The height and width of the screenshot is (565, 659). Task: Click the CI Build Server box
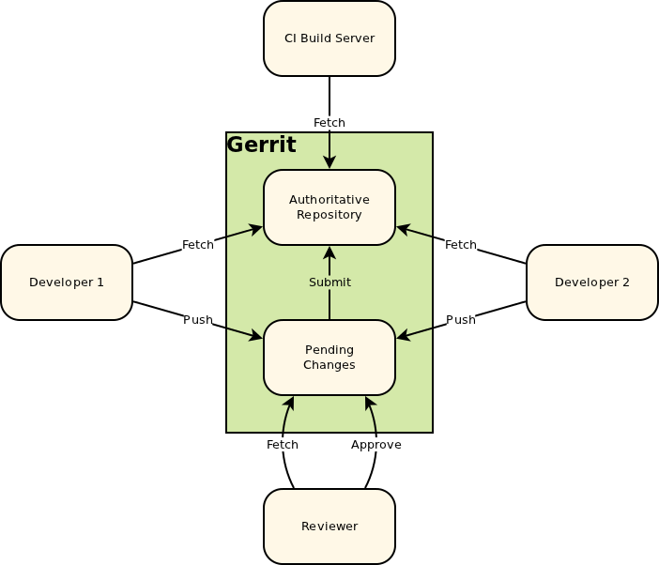point(329,38)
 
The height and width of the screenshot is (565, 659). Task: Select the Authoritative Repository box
point(329,207)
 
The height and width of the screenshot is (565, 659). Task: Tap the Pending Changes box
point(329,358)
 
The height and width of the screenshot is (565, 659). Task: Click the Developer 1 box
point(67,282)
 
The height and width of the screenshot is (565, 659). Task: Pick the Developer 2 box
point(591,282)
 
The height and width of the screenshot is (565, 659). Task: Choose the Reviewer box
point(329,527)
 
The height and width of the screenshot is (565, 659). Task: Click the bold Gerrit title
point(261,145)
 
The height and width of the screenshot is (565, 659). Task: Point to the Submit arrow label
point(329,282)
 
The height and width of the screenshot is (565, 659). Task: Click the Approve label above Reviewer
point(375,445)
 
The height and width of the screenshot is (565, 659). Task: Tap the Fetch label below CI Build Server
point(329,123)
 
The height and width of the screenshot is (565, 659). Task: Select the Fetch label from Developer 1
point(198,245)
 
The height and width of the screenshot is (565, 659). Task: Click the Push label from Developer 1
point(198,320)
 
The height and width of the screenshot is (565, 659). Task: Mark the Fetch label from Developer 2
point(461,245)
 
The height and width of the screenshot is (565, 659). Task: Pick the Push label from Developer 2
point(461,320)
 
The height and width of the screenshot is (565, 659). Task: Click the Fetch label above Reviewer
point(283,445)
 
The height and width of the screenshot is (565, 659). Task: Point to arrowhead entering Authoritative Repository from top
point(329,163)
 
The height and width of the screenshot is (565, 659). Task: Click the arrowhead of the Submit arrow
point(329,252)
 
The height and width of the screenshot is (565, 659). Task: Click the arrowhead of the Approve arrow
point(369,402)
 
